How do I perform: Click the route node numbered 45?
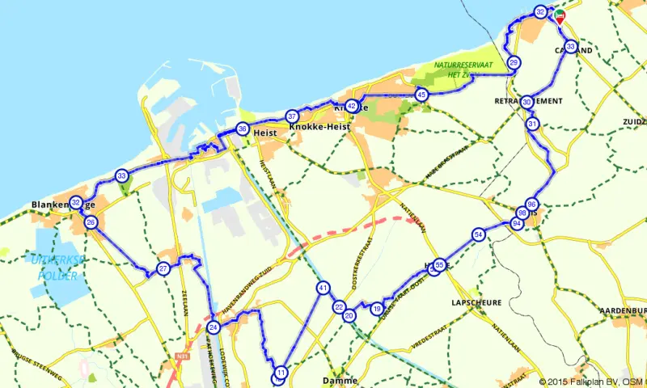421,95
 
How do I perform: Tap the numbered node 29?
514,62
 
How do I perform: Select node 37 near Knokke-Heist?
292,116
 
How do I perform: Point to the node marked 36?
242,129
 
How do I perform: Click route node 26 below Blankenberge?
91,222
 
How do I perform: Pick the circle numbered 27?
163,268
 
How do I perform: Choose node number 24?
214,327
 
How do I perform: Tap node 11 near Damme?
281,373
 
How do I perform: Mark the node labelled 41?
323,288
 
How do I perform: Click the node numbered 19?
377,308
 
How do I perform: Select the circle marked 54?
479,234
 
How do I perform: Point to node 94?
517,223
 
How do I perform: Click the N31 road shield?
180,356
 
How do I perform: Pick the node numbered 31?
532,124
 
